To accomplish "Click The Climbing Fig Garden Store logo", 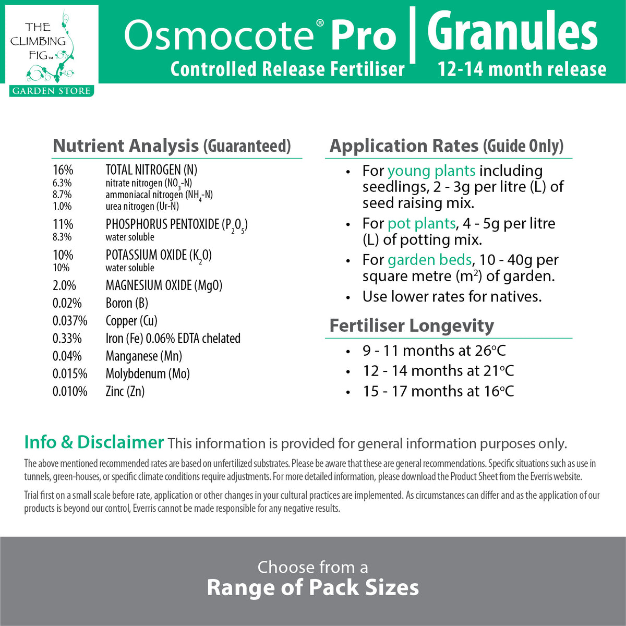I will click(51, 51).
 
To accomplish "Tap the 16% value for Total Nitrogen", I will click(63, 170).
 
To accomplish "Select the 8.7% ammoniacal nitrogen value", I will click(62, 195).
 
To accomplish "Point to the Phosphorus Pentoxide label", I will click(176, 224).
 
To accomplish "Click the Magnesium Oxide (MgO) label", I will click(164, 285).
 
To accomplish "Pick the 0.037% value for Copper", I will click(70, 321).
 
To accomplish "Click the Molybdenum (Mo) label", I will click(148, 374).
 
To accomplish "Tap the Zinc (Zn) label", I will click(125, 391).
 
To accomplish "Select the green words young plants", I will click(431, 171).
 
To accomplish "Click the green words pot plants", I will click(422, 223).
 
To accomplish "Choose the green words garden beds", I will click(429, 260).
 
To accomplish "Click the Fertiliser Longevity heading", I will click(412, 326).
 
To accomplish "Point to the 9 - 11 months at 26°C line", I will click(434, 351).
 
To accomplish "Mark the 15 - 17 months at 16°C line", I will click(438, 391).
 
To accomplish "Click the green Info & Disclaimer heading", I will click(94, 442).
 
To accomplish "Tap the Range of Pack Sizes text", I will click(312, 587).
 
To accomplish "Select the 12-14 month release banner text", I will click(522, 69).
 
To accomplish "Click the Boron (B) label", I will click(127, 303).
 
